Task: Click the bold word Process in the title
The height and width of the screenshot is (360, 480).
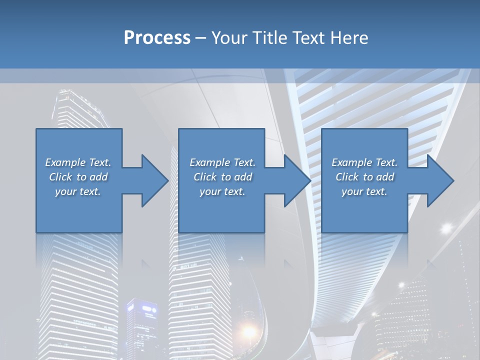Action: point(157,38)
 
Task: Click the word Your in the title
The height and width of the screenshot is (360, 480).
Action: point(228,38)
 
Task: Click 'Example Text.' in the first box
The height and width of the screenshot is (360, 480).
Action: point(78,162)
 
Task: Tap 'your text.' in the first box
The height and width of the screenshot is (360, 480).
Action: point(78,191)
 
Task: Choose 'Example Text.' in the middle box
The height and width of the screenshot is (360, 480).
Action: point(222,162)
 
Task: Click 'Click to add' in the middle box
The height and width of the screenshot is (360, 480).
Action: point(222,177)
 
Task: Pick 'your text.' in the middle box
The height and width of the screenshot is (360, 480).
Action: point(222,191)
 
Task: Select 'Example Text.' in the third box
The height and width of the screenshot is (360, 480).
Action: point(364,162)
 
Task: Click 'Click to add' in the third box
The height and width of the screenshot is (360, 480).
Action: point(364,177)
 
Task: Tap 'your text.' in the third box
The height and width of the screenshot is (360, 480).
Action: point(364,191)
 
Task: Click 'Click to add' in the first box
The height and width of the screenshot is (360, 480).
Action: point(78,177)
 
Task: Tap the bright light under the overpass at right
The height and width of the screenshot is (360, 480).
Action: point(445,228)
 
